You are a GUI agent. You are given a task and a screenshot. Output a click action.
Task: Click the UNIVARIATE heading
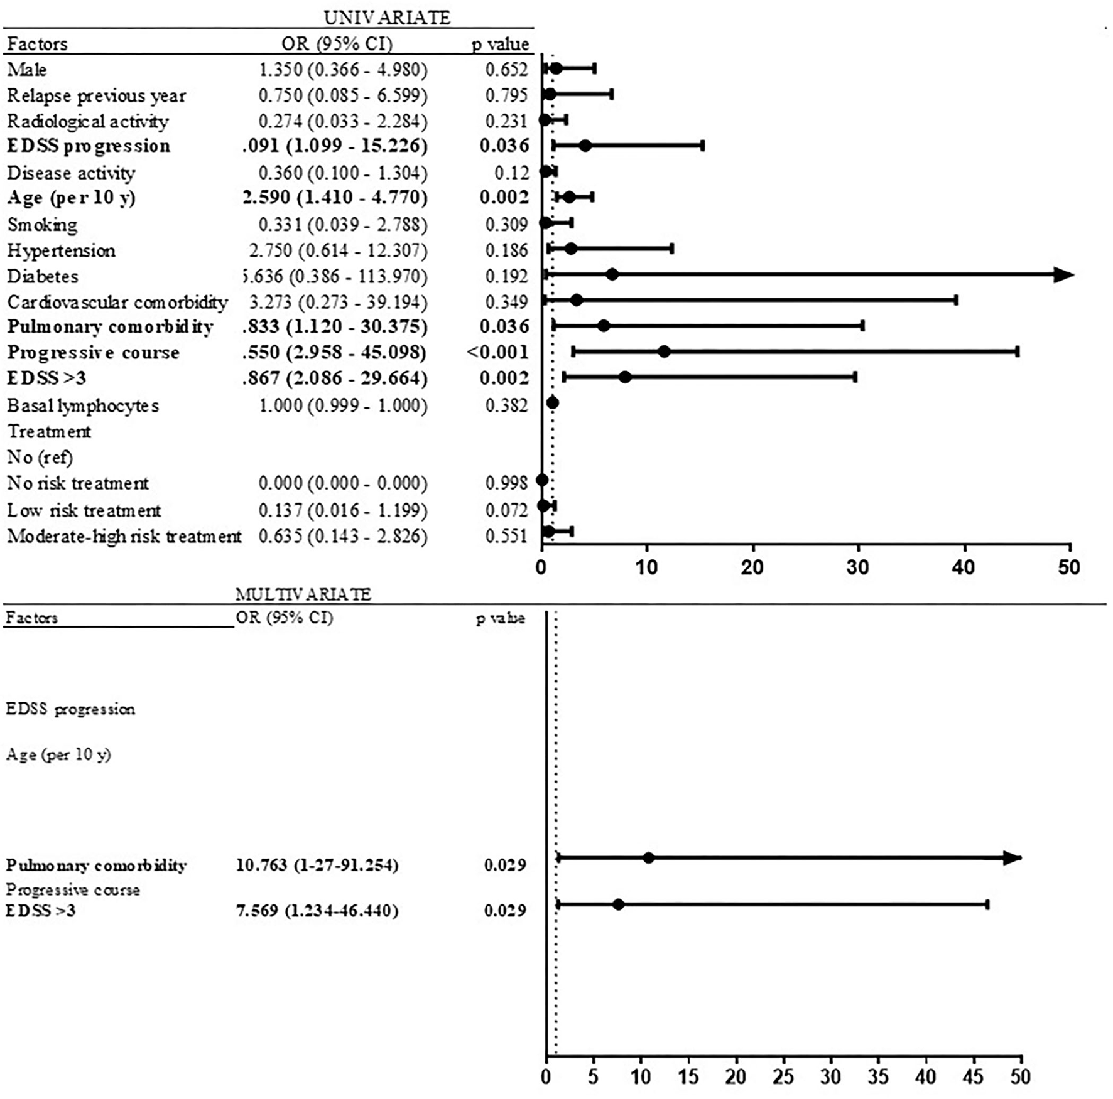click(x=387, y=18)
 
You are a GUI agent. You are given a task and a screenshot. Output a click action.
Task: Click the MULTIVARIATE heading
click(x=303, y=594)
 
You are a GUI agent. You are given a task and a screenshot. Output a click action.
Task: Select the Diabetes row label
click(x=43, y=276)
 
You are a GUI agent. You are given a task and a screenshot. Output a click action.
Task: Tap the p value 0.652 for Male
click(x=506, y=69)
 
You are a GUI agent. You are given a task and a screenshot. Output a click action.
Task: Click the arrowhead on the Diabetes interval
click(x=1063, y=275)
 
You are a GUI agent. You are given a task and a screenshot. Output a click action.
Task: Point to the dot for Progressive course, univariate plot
click(x=664, y=351)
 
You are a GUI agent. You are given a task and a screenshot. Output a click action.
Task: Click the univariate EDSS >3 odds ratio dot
click(x=625, y=377)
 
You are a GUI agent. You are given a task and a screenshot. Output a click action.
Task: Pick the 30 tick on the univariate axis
click(x=857, y=567)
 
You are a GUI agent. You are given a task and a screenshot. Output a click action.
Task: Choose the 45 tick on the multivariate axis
click(x=973, y=1077)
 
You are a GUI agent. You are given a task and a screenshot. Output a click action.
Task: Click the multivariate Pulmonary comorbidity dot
click(x=649, y=858)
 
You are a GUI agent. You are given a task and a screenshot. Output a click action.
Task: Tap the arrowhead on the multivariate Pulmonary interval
click(x=1012, y=858)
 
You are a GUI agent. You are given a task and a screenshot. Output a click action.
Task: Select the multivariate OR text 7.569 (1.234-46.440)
click(x=317, y=910)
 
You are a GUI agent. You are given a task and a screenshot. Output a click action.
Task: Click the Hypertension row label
click(x=61, y=250)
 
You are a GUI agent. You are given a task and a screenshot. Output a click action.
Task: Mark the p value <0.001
click(x=497, y=351)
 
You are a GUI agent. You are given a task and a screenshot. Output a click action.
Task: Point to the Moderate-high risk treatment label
click(x=124, y=536)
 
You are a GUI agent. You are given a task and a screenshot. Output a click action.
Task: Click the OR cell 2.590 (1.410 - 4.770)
click(x=335, y=198)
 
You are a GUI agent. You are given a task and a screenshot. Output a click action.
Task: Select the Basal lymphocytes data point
click(x=553, y=403)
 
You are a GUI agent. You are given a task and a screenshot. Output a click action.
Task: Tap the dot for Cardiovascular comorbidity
click(x=577, y=300)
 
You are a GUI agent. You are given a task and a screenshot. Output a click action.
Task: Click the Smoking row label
click(x=42, y=224)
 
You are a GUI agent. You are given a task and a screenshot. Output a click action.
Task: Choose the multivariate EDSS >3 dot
click(x=618, y=904)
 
